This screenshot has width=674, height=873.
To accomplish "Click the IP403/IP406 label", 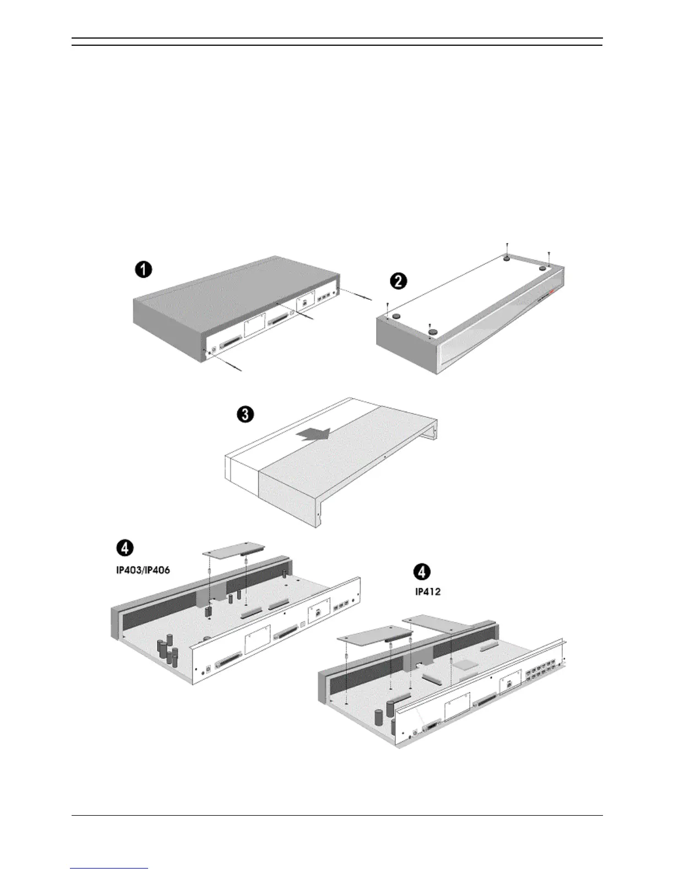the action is pyautogui.click(x=139, y=571).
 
